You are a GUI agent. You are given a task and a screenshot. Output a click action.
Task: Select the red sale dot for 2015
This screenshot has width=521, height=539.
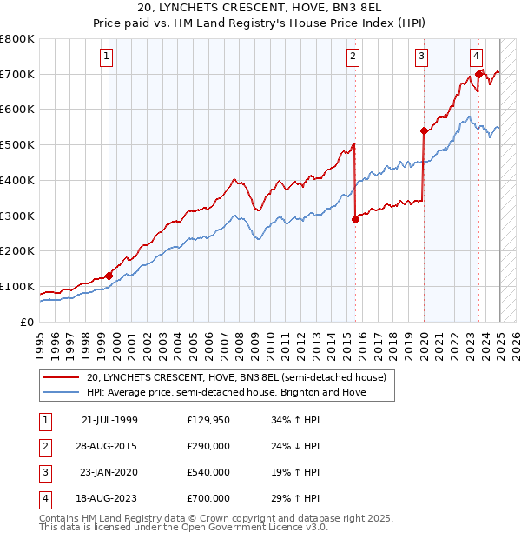click(x=355, y=219)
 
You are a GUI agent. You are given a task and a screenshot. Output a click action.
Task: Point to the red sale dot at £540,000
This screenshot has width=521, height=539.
click(x=424, y=131)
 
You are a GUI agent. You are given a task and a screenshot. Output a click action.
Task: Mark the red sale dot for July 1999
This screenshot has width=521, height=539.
click(x=109, y=276)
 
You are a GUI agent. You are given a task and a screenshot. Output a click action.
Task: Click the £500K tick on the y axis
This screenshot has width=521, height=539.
click(x=19, y=145)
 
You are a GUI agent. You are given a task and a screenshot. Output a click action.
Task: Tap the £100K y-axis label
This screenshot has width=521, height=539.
click(x=19, y=286)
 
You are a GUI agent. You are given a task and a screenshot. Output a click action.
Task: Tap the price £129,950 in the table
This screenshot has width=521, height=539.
click(x=208, y=420)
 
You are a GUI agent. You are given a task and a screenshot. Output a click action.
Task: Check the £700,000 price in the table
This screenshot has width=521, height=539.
click(x=208, y=498)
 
